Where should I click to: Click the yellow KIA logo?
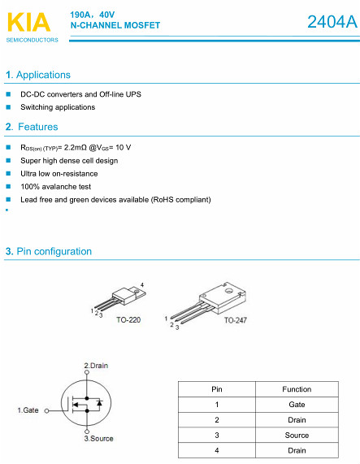[x=29, y=22]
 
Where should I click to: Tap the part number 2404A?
[x=332, y=22]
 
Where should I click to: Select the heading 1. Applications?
[x=38, y=75]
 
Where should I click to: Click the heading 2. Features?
[x=32, y=127]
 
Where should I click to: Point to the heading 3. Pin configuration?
[x=49, y=252]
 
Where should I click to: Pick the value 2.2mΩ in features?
[x=76, y=147]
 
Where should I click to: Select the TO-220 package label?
[x=128, y=320]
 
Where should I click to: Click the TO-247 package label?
[x=236, y=320]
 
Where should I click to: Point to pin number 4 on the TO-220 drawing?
[x=142, y=285]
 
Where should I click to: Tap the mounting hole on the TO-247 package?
[x=229, y=291]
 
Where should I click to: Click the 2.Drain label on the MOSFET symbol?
[x=96, y=366]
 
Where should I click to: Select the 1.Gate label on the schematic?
[x=28, y=410]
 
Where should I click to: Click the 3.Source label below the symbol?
[x=98, y=439]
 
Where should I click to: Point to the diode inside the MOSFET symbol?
[x=100, y=403]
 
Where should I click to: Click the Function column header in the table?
[x=297, y=389]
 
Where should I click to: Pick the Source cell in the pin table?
[x=297, y=436]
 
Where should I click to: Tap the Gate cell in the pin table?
[x=297, y=405]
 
